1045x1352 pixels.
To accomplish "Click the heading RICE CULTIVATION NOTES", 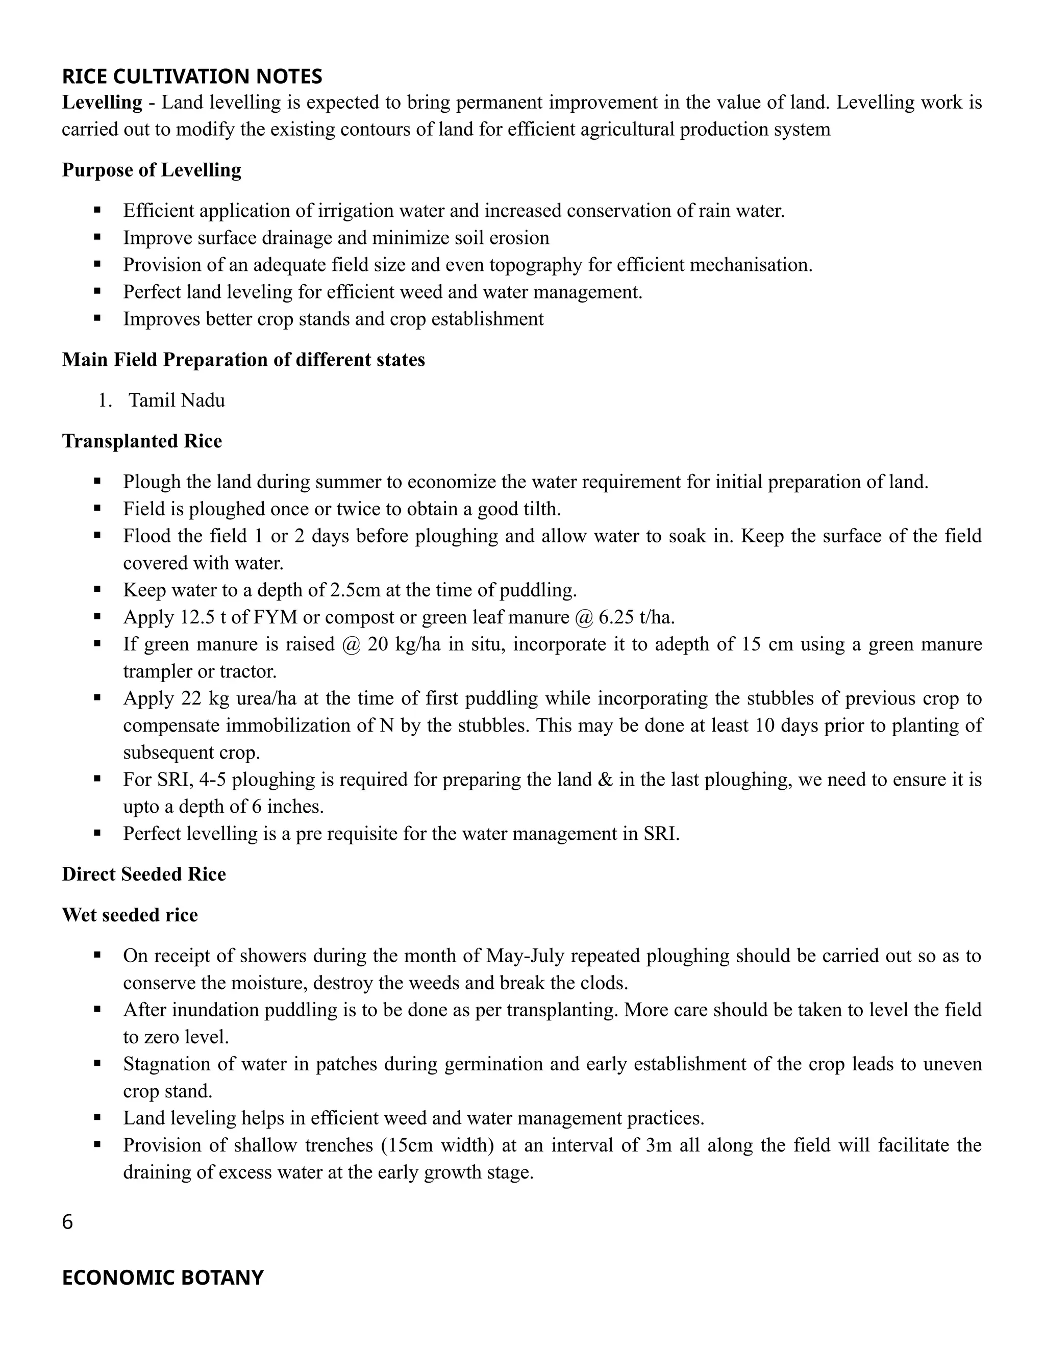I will pos(192,76).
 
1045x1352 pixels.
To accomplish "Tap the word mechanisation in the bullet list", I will pos(750,265).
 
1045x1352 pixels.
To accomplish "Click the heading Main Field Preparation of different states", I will pos(243,360).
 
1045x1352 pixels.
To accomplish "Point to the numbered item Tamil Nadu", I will pos(177,400).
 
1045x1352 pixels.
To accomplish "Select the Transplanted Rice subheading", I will pos(142,441).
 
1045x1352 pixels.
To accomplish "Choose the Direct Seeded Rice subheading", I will pos(143,874).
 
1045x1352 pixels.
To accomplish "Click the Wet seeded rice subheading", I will pos(130,915).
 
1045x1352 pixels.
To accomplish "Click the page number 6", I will pos(67,1222).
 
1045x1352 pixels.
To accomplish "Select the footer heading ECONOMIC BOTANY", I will pos(163,1277).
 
